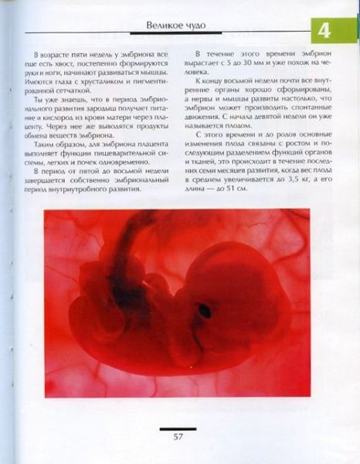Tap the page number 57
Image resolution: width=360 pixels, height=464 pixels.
click(178, 437)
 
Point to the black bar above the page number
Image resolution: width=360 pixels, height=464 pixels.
click(178, 428)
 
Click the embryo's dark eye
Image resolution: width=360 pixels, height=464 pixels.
click(205, 310)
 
